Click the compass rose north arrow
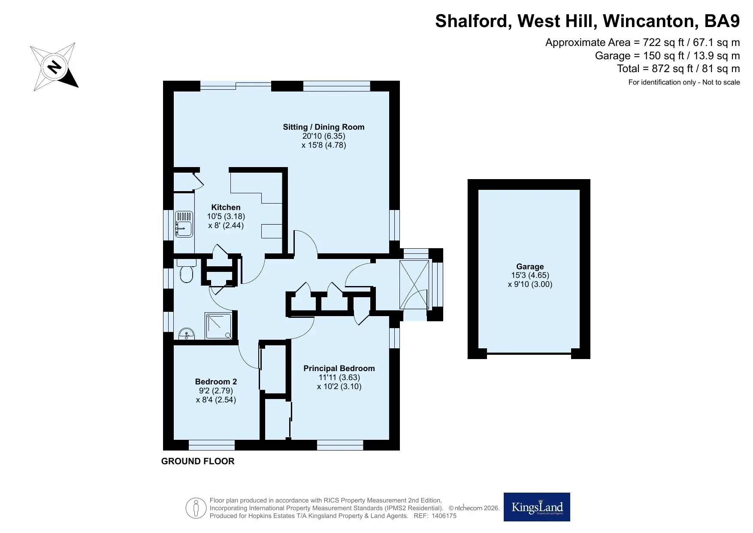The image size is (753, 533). pyautogui.click(x=54, y=67)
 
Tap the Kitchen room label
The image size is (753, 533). pyautogui.click(x=226, y=207)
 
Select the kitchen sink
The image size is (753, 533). pyautogui.click(x=184, y=224)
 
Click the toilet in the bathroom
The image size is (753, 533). pyautogui.click(x=187, y=271)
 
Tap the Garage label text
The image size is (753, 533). pyautogui.click(x=530, y=267)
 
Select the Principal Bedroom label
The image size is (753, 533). pyautogui.click(x=339, y=369)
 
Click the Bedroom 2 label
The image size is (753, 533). pyautogui.click(x=216, y=382)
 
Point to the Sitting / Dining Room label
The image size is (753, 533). pyautogui.click(x=324, y=127)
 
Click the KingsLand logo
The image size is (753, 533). pyautogui.click(x=537, y=507)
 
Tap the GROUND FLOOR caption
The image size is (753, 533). pyautogui.click(x=198, y=461)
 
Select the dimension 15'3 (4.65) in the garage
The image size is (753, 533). pyautogui.click(x=530, y=275)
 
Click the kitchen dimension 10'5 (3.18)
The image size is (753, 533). pyautogui.click(x=226, y=216)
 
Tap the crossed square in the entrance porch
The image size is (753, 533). pyautogui.click(x=414, y=285)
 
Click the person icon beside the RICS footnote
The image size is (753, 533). pyautogui.click(x=196, y=509)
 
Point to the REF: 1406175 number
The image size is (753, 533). pyautogui.click(x=435, y=516)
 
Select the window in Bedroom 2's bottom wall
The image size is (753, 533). pyautogui.click(x=212, y=445)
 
